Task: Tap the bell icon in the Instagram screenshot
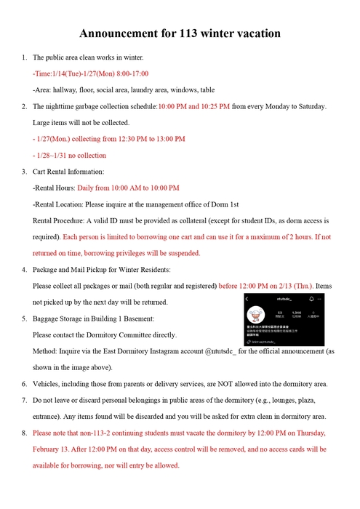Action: coord(311,299)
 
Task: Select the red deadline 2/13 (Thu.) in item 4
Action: coord(297,286)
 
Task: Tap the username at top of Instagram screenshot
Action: coord(283,299)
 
